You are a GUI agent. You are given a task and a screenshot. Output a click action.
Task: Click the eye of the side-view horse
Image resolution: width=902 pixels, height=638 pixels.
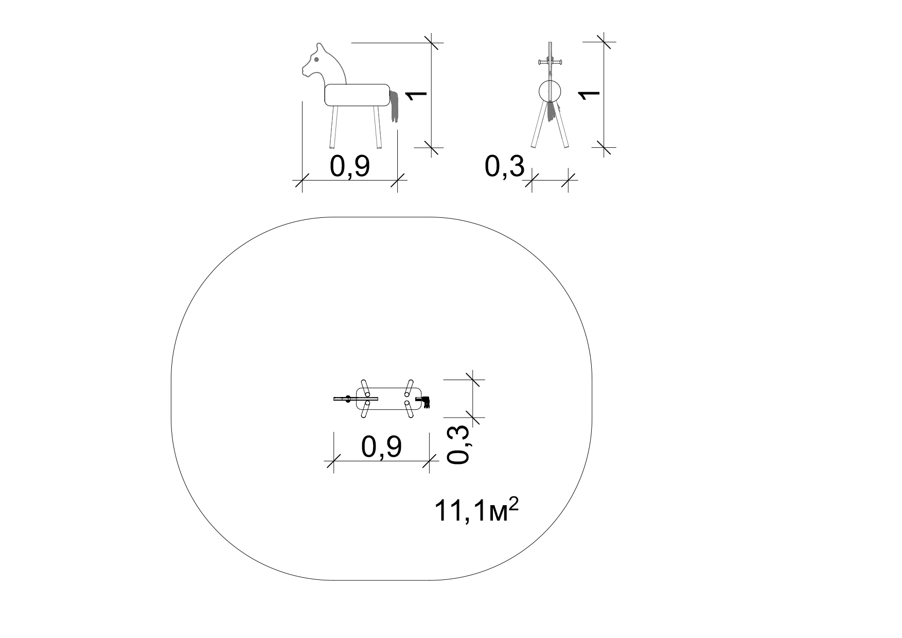tap(316, 60)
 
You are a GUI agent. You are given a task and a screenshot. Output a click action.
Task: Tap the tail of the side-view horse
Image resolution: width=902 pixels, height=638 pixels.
tap(395, 106)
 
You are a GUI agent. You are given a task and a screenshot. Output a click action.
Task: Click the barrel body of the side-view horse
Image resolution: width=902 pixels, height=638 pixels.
tap(357, 95)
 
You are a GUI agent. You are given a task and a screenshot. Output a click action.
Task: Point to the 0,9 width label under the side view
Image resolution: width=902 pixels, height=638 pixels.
tap(350, 166)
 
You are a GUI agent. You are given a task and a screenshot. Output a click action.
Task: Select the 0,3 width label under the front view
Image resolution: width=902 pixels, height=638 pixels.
tap(505, 166)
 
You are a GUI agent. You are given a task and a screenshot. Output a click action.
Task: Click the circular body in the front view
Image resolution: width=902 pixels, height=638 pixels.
tap(551, 92)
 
